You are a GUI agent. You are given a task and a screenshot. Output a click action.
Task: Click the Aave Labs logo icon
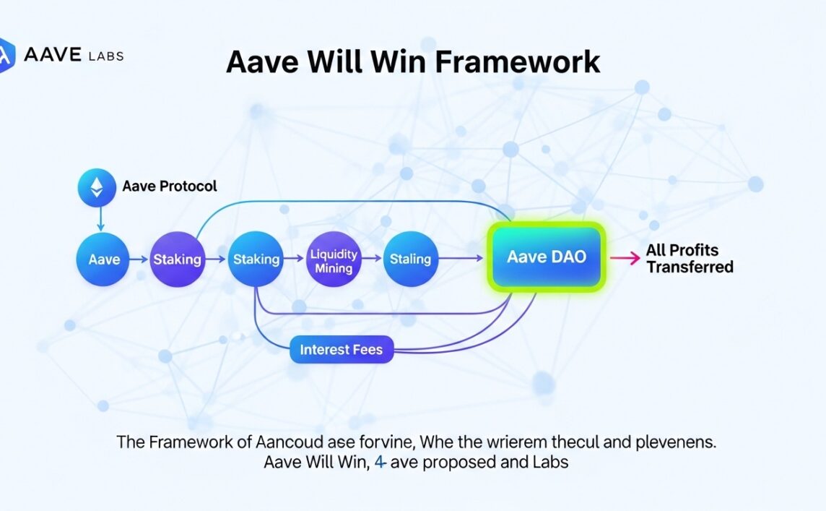[x=6, y=54]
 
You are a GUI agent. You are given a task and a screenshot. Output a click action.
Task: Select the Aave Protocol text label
[x=170, y=186]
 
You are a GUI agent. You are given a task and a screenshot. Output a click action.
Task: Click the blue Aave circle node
[x=104, y=258]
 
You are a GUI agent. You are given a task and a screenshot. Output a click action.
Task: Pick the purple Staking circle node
[x=177, y=258]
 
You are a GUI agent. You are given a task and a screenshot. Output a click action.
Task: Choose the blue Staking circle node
[x=256, y=258]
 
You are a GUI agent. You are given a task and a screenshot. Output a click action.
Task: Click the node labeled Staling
[x=409, y=258]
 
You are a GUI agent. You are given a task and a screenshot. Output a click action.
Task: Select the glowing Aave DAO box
[x=546, y=257]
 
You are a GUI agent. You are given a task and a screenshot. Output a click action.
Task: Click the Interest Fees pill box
[x=341, y=351]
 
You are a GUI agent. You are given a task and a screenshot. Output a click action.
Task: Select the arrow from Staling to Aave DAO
[x=461, y=258]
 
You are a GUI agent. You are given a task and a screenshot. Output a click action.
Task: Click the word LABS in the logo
[x=105, y=56]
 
